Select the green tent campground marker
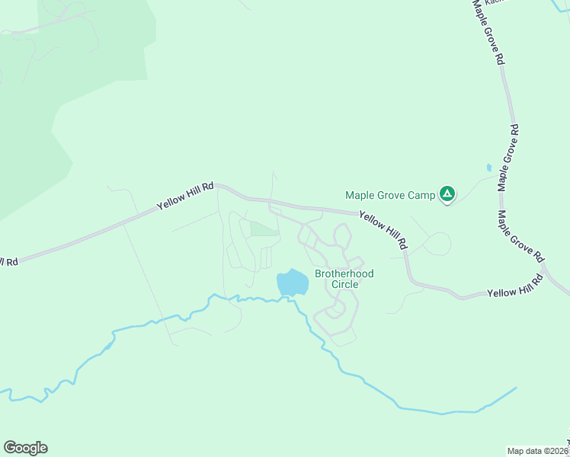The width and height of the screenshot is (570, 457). point(447,195)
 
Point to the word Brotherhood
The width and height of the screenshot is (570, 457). point(344,273)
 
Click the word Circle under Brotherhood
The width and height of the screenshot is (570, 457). point(344,284)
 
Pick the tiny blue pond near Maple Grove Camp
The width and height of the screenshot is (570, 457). point(488,168)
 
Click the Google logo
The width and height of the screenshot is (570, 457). point(25,448)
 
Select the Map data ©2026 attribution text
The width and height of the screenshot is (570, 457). point(536,451)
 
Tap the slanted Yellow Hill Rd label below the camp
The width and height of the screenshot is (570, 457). point(383,231)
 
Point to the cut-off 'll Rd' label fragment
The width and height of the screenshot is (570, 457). point(8,262)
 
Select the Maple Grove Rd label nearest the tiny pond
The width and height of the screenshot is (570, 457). point(508,158)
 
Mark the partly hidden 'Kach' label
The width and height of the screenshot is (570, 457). point(495,2)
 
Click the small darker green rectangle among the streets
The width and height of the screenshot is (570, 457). point(263,228)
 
